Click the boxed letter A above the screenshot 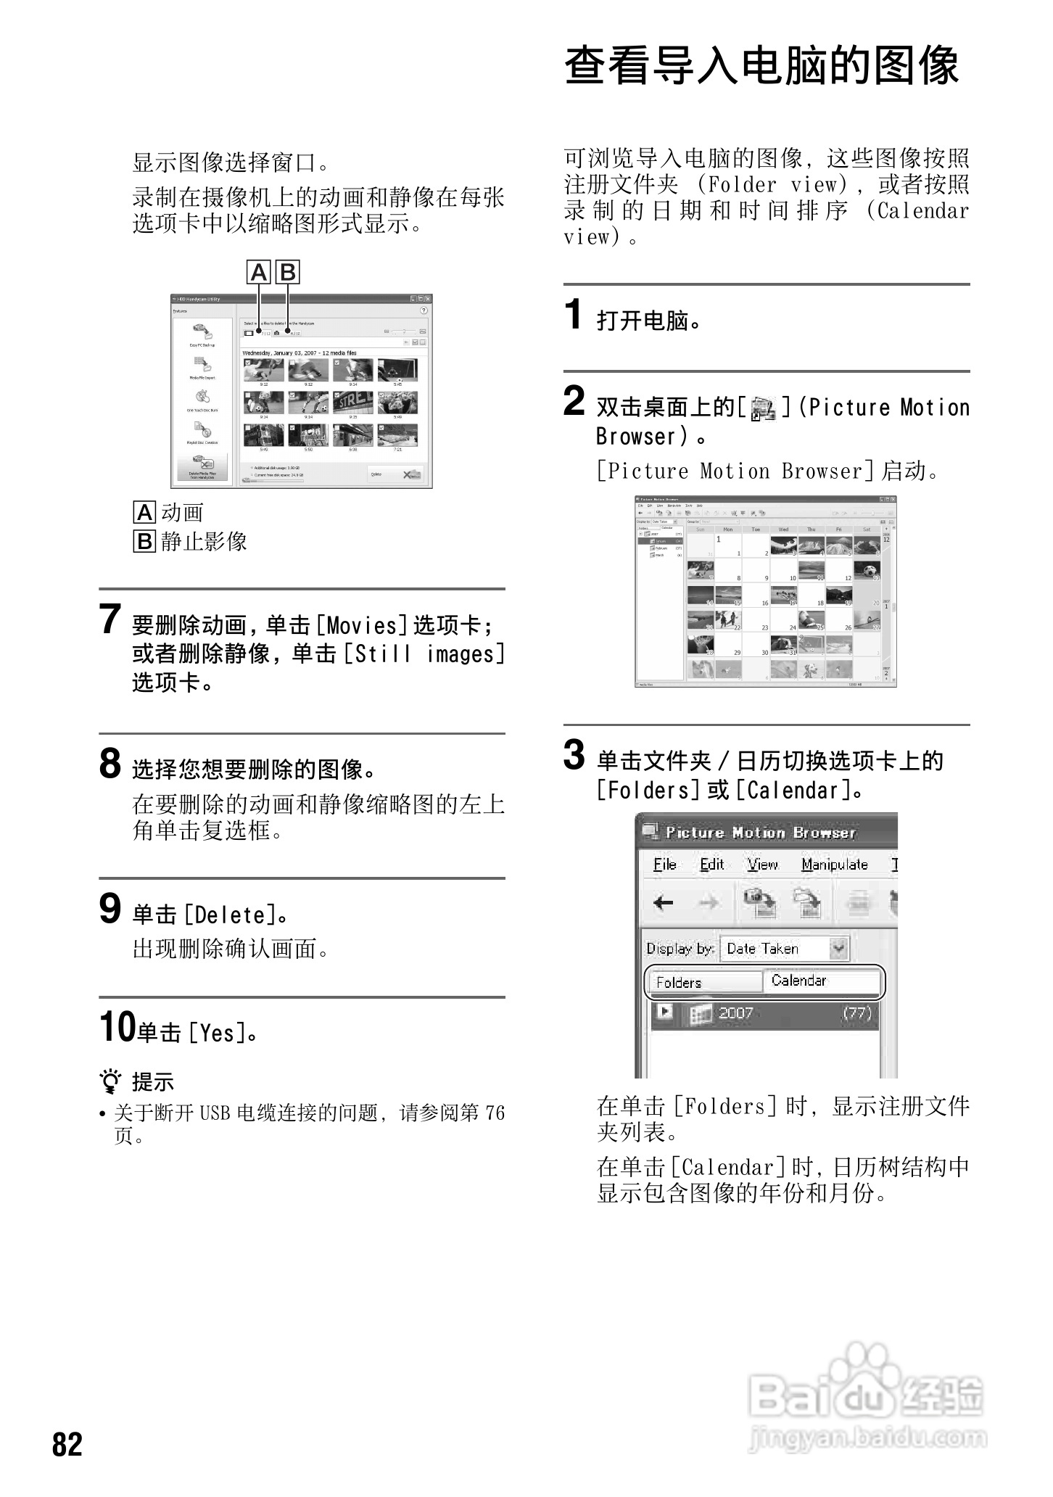259,272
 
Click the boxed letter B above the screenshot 288,272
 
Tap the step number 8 110,764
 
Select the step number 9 110,909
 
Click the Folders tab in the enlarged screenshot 702,983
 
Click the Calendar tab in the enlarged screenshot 819,981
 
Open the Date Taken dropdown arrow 838,948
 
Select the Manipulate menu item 834,865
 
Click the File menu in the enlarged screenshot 664,865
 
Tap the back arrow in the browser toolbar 663,903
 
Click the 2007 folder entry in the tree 735,1013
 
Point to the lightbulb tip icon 111,1082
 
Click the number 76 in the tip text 495,1113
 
